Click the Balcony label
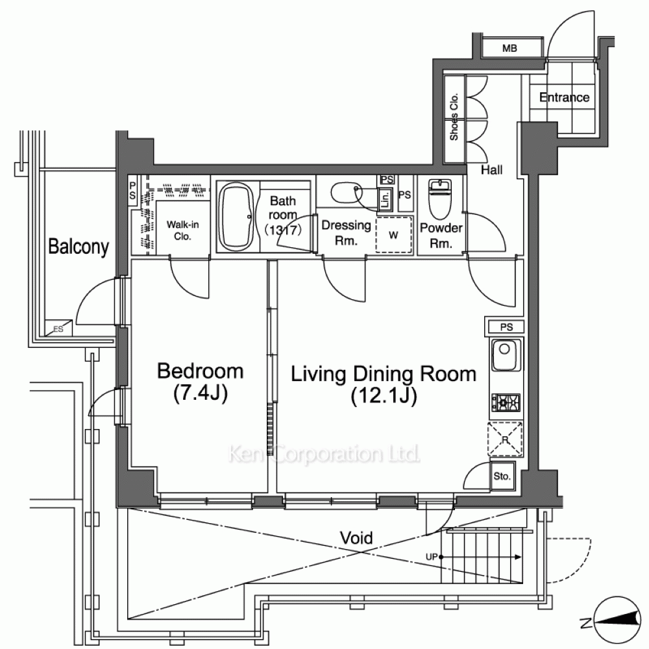coord(79,247)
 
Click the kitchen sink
coord(505,355)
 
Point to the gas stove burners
coord(506,402)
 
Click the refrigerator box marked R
coord(506,439)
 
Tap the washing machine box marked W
coord(394,235)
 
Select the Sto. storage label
coord(502,476)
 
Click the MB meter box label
coord(509,49)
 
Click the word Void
coord(356,537)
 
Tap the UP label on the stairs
coord(432,557)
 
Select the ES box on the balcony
coord(58,328)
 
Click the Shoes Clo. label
coord(454,117)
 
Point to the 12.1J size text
coord(384,396)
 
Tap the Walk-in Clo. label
coord(182,230)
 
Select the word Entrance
coord(564,97)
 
